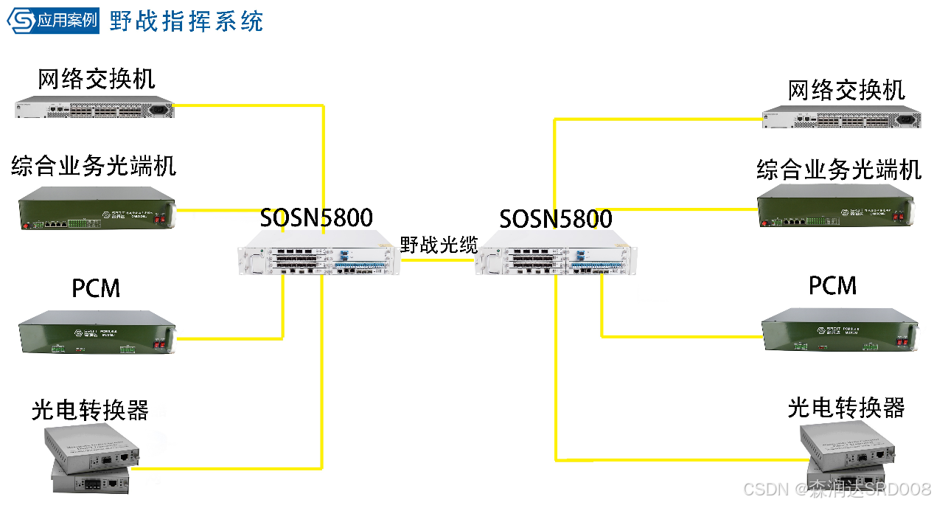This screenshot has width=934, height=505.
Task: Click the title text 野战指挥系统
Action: [x=186, y=20]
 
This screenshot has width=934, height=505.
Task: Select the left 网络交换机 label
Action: [x=97, y=80]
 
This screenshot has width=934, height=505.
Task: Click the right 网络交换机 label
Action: [x=846, y=91]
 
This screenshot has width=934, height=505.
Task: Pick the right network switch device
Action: [x=841, y=118]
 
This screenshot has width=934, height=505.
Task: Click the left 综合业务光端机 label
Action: [x=94, y=167]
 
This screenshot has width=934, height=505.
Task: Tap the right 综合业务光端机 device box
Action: [x=839, y=206]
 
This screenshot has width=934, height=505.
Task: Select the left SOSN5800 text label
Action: [x=316, y=217]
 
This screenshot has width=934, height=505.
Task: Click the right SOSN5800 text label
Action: [x=556, y=219]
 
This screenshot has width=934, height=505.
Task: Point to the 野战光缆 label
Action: [x=438, y=245]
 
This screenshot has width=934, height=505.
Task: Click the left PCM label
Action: [x=96, y=288]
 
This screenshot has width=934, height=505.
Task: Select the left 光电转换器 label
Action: [x=90, y=410]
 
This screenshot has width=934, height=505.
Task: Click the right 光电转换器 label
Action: [x=846, y=408]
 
